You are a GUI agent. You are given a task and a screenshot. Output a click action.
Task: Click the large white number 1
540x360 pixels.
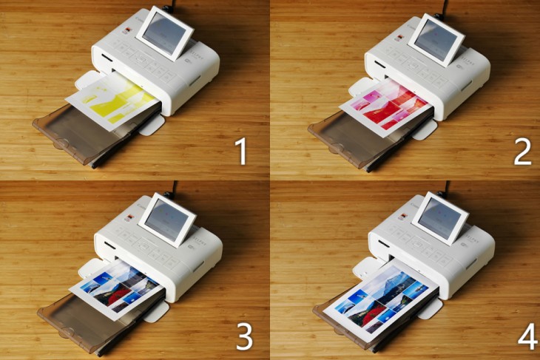click(242, 152)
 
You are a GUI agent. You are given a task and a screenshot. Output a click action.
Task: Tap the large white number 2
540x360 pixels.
click(523, 152)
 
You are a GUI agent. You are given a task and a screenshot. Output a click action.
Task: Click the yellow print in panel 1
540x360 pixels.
click(114, 101)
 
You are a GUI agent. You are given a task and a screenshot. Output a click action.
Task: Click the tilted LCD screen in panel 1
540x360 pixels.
click(165, 33)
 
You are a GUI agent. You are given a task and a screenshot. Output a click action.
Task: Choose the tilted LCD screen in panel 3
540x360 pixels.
click(166, 220)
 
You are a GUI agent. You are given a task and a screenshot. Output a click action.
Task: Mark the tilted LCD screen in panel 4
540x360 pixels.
click(440, 219)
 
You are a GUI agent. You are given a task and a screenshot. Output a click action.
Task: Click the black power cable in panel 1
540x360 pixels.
click(170, 5)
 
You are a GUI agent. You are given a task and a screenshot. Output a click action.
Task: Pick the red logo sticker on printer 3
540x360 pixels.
click(130, 217)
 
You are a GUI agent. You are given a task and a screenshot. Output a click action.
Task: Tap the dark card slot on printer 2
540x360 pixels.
click(380, 64)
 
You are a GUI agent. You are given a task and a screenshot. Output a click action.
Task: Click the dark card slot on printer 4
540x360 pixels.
click(384, 244)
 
